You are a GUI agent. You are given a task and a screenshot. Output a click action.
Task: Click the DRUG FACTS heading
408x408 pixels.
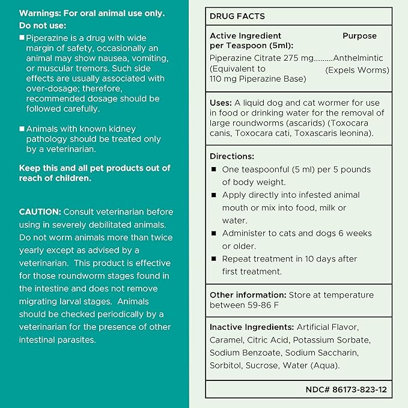point(237,16)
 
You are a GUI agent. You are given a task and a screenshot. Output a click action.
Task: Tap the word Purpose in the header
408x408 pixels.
point(359,35)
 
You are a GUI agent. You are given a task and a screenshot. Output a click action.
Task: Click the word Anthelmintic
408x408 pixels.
point(358,58)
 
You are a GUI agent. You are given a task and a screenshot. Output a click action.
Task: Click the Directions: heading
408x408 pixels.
point(232,156)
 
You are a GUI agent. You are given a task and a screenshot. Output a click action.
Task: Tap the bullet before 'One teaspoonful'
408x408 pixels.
point(213,169)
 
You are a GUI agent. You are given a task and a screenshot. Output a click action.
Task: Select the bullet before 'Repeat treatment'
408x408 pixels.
point(213,259)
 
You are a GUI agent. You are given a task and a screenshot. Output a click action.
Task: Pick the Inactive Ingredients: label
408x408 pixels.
point(252,327)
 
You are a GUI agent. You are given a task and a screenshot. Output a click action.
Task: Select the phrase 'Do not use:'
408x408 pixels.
point(43,26)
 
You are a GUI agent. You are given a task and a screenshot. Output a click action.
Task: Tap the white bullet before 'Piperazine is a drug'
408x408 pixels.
point(22,37)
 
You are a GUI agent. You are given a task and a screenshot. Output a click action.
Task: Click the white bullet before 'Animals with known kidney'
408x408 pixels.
point(22,129)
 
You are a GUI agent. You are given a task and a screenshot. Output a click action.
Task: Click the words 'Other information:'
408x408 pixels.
point(248,295)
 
